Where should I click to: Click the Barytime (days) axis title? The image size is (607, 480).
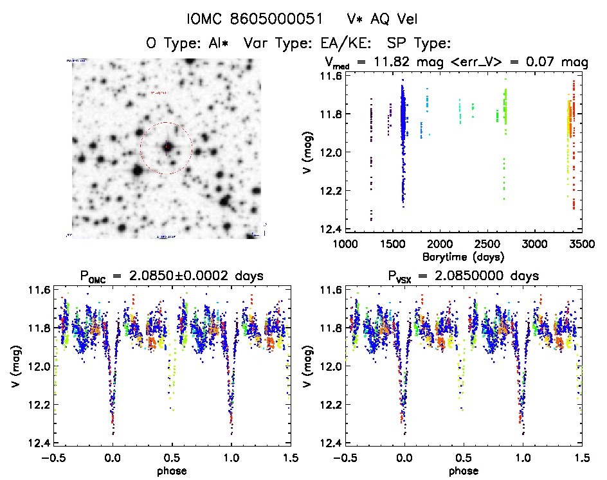tap(462, 256)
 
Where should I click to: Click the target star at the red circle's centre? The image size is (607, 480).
tap(167, 148)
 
